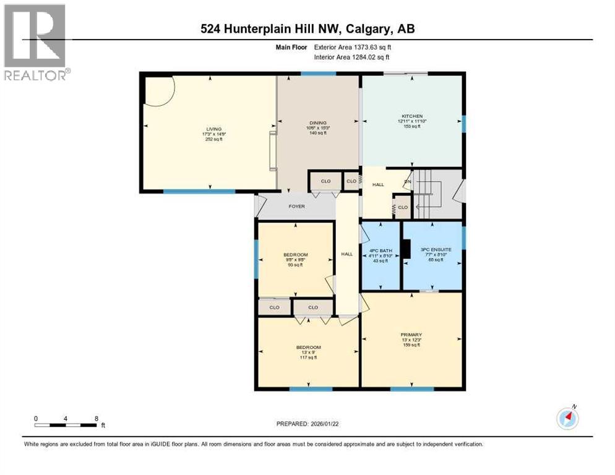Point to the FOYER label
click(296, 207)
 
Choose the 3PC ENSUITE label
click(436, 249)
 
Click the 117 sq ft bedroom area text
click(308, 358)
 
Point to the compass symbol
click(567, 419)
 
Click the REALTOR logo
click(35, 41)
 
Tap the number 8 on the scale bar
click(97, 418)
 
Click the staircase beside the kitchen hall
click(427, 189)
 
